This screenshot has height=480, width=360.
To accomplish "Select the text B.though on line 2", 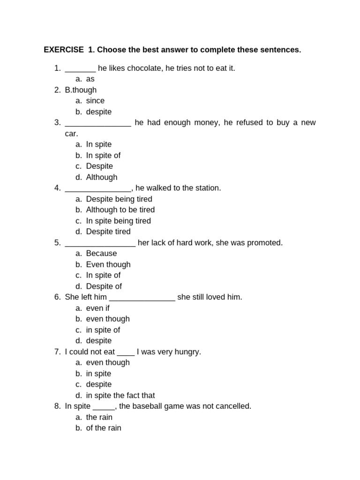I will click(81, 90).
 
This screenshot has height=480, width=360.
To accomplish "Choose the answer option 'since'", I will click(95, 101).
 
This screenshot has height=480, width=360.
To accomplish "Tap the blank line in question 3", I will click(98, 123).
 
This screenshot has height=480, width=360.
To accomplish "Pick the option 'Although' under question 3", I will click(102, 177).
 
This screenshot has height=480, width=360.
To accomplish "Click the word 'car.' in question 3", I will click(72, 134).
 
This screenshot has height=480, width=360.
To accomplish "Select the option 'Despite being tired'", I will click(119, 199).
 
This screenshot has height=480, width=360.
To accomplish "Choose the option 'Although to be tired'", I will click(120, 210).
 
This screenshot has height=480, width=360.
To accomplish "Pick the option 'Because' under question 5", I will click(101, 254).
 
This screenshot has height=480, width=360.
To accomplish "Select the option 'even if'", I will click(97, 308).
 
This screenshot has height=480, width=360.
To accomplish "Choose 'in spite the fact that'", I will click(120, 396).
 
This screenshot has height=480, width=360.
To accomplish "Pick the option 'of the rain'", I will click(104, 428).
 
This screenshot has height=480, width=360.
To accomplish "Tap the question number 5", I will click(57, 243).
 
